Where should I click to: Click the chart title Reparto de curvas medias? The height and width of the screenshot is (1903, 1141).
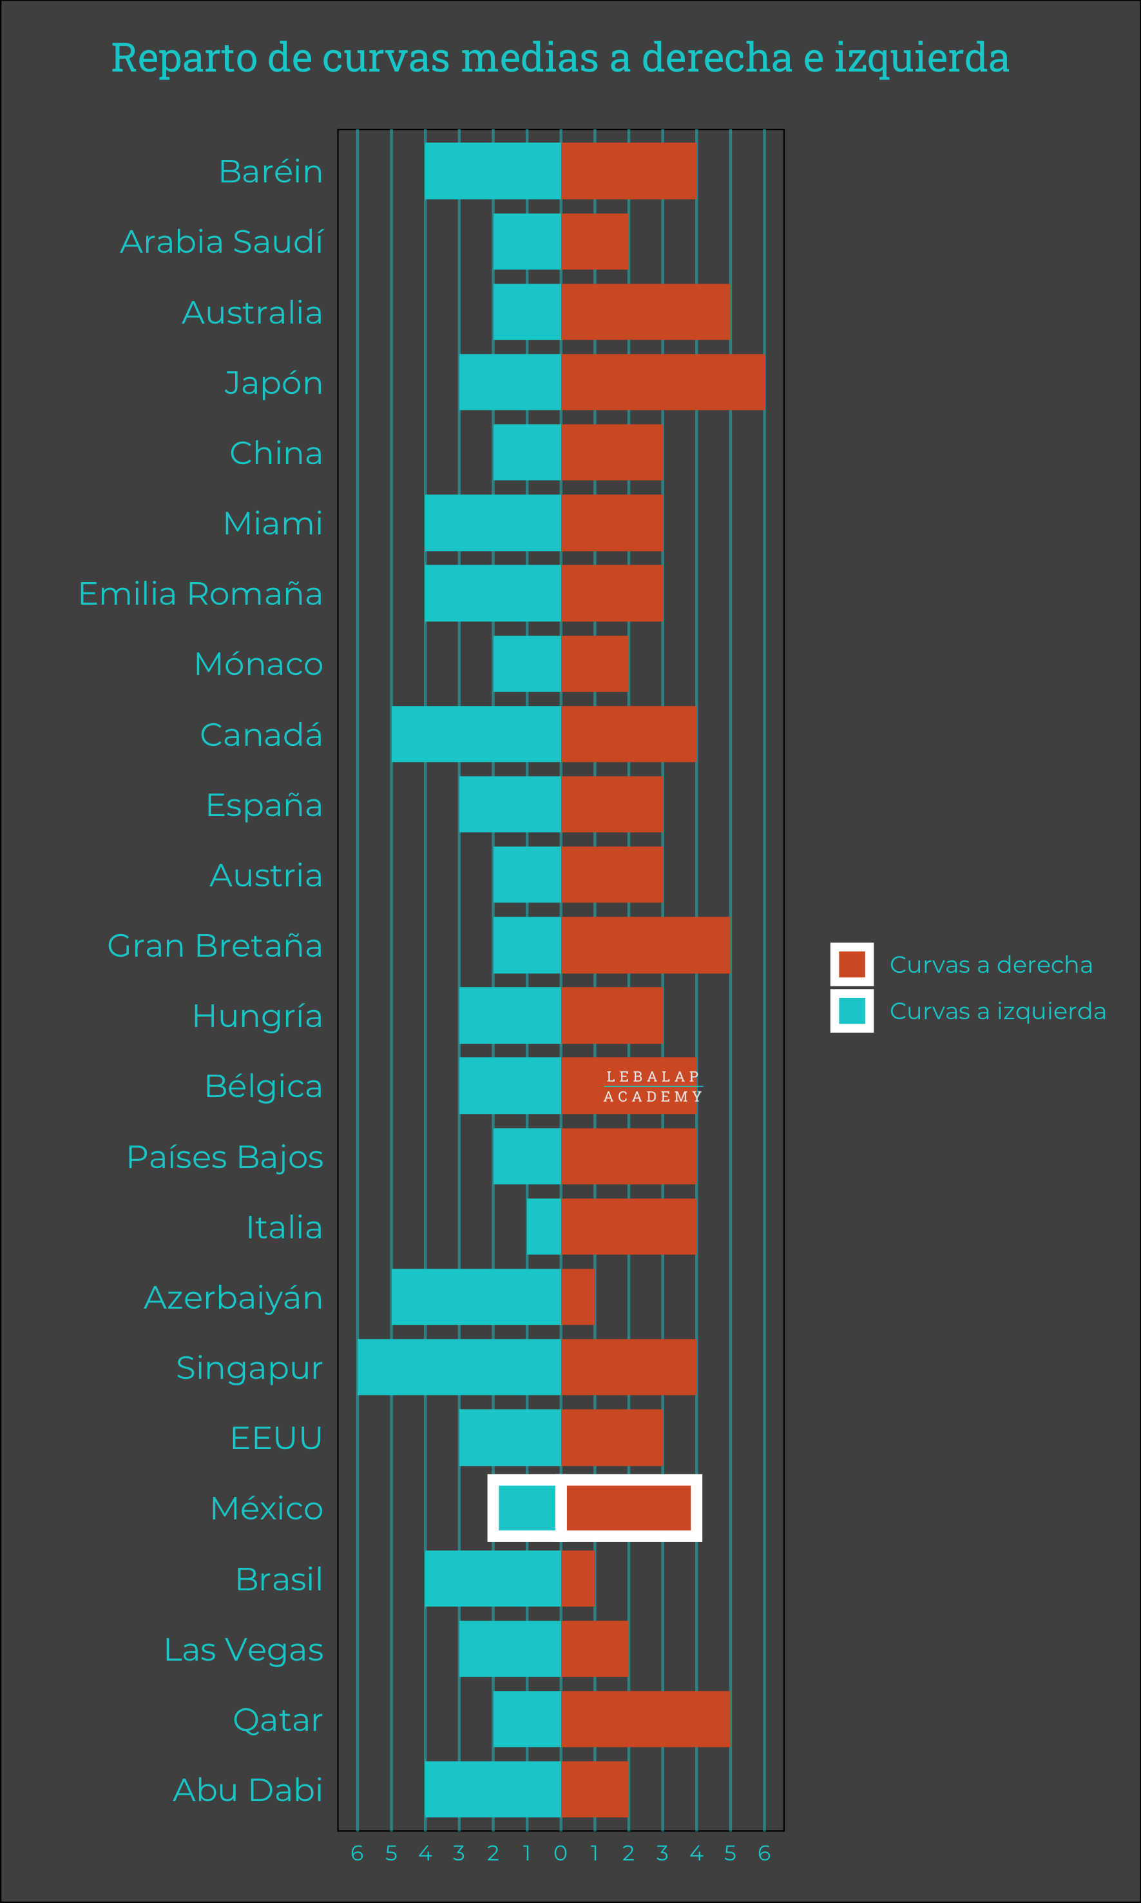(560, 57)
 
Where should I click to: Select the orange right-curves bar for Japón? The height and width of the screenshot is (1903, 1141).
(662, 382)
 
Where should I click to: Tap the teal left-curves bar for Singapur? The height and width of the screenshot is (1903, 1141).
(459, 1367)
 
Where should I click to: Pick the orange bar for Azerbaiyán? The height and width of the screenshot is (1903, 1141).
(577, 1297)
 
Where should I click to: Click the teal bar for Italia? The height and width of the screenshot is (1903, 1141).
(544, 1226)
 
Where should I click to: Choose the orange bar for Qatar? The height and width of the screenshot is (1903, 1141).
(645, 1719)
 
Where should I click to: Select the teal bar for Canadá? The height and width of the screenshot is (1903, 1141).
(476, 734)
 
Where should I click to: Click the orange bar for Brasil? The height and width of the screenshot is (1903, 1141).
(577, 1578)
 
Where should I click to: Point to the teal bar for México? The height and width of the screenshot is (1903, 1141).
(526, 1508)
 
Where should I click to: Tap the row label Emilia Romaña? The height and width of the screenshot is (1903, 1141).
(200, 594)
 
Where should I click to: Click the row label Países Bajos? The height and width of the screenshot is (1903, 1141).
(224, 1157)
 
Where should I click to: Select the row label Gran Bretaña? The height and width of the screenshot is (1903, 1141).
(215, 945)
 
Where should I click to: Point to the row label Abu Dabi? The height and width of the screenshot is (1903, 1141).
(247, 1790)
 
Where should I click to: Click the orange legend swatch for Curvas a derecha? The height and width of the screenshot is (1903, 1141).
(851, 964)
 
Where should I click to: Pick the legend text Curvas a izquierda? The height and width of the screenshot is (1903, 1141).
(997, 1011)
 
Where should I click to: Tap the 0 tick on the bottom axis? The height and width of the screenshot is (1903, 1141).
(561, 1854)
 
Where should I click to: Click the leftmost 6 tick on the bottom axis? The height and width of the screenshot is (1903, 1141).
(357, 1854)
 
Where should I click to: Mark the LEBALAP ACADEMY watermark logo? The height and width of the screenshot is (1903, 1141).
(652, 1086)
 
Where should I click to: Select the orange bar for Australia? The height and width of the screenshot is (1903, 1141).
(645, 311)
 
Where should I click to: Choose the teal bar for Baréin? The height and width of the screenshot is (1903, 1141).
(493, 171)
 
